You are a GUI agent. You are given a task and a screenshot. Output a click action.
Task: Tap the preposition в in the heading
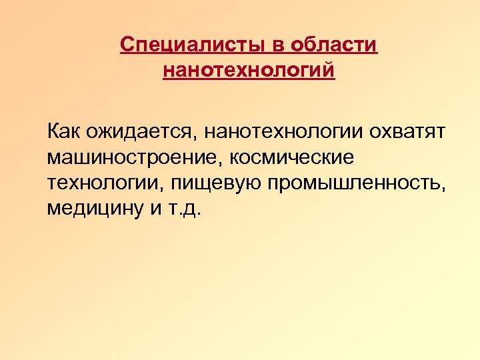point(275,45)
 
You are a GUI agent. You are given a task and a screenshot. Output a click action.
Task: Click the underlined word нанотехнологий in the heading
point(249,69)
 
